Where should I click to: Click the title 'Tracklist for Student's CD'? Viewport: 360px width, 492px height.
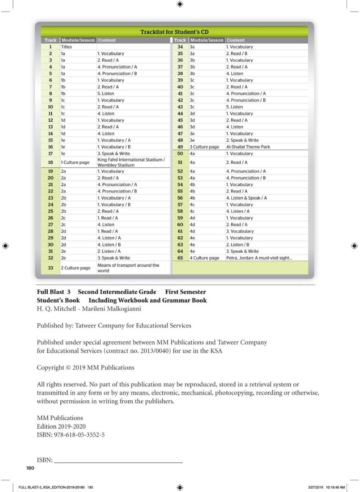tap(174, 32)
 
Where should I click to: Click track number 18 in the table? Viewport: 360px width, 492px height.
tap(50, 162)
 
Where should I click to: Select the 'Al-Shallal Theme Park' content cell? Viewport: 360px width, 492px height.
tap(248, 147)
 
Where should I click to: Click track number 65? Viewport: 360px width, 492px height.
tap(180, 258)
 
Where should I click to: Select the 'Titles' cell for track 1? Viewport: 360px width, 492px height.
tap(67, 47)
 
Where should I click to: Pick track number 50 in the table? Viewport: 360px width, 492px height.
tap(180, 154)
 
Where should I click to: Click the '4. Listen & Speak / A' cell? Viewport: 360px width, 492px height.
tap(246, 198)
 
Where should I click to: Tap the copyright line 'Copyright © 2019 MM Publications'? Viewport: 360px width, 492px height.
tap(85, 367)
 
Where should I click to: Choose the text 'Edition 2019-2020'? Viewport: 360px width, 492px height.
tap(61, 426)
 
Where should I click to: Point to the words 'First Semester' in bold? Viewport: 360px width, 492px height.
tap(185, 292)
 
